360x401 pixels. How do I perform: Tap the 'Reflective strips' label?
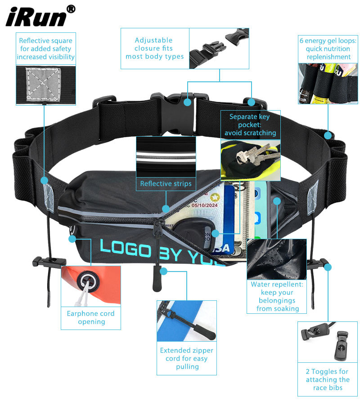166,183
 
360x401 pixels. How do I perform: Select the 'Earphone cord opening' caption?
90,317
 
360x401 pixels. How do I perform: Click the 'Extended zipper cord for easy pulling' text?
187,358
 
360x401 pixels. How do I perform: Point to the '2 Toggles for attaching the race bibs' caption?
327,379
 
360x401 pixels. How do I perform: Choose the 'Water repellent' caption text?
277,296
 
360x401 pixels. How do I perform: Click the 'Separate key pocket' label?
250,125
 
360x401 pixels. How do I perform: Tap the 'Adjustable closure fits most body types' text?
154,48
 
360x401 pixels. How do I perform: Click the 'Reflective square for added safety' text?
45,49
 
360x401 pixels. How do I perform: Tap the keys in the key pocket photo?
254,154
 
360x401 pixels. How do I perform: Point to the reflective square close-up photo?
45,83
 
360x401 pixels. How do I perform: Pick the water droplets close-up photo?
277,259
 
